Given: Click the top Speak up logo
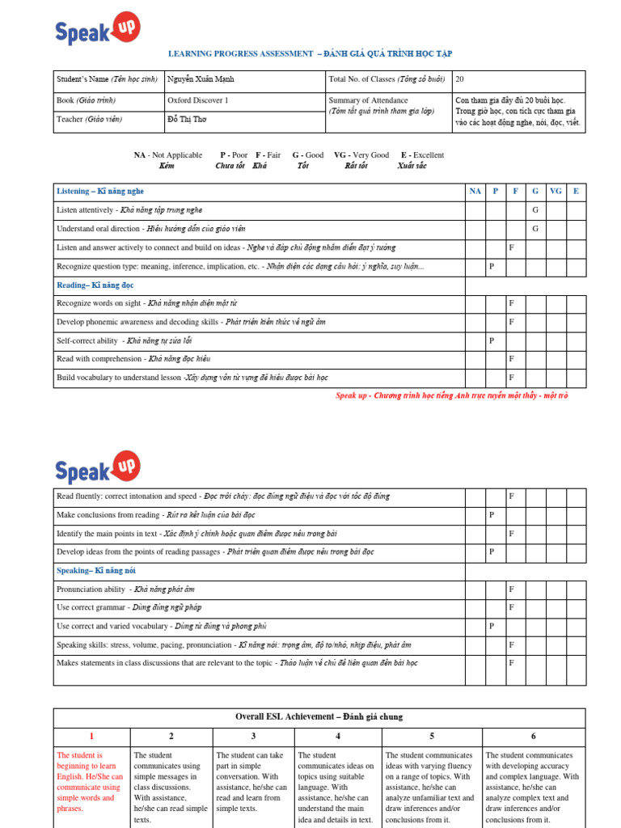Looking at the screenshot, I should (97, 29).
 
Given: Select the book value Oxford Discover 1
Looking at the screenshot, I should (198, 100).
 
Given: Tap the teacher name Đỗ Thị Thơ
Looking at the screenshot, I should (187, 119).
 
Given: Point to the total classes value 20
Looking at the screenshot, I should (460, 79).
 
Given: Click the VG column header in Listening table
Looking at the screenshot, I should (556, 192).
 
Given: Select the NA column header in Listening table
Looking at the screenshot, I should (475, 192).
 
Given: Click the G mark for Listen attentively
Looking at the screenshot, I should (535, 210).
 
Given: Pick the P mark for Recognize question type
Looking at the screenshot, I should (491, 266).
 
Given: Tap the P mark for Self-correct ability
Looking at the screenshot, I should (491, 340).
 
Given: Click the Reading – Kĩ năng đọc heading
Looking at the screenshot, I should (95, 285).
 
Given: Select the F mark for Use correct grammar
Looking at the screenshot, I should (511, 607).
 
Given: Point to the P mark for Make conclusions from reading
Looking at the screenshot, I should (491, 514).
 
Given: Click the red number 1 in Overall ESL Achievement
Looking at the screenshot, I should (91, 736).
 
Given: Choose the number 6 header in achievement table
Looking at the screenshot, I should (533, 736).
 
